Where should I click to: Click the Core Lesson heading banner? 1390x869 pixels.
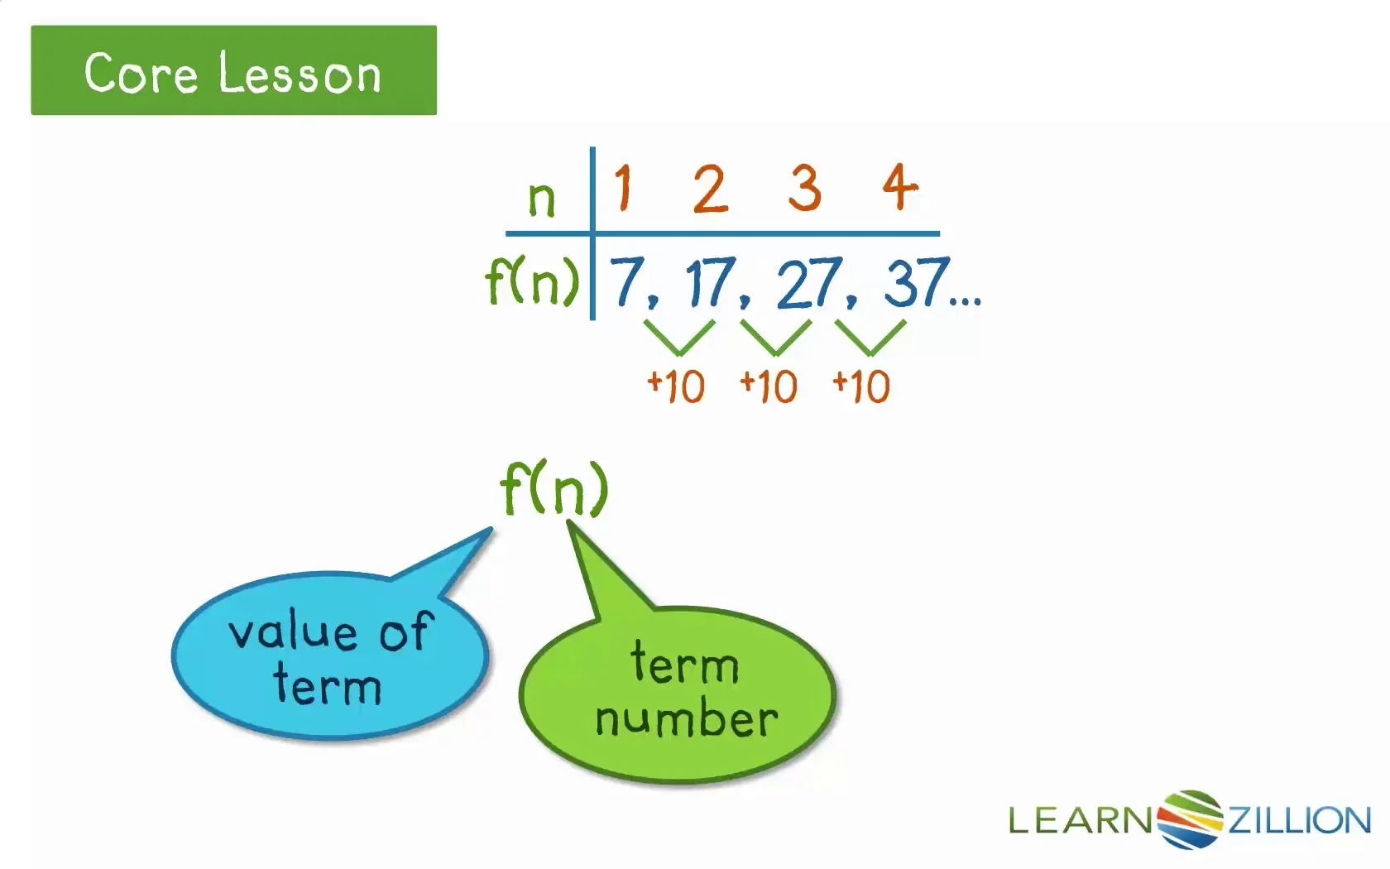[x=233, y=70]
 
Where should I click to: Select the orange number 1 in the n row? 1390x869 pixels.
[x=623, y=188]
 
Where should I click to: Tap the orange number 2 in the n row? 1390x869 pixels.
[x=710, y=189]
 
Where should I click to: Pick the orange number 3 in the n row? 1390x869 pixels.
[x=805, y=188]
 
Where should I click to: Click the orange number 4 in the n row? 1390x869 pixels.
[x=900, y=188]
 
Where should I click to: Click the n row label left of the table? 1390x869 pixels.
[x=541, y=199]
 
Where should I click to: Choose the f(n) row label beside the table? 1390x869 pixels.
[x=532, y=281]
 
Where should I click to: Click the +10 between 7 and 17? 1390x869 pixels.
[x=676, y=386]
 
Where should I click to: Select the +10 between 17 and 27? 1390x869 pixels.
[x=769, y=386]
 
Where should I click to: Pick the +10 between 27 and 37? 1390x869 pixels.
[x=862, y=386]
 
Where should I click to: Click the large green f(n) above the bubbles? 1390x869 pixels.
[x=554, y=488]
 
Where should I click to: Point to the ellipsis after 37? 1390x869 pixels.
[x=966, y=302]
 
